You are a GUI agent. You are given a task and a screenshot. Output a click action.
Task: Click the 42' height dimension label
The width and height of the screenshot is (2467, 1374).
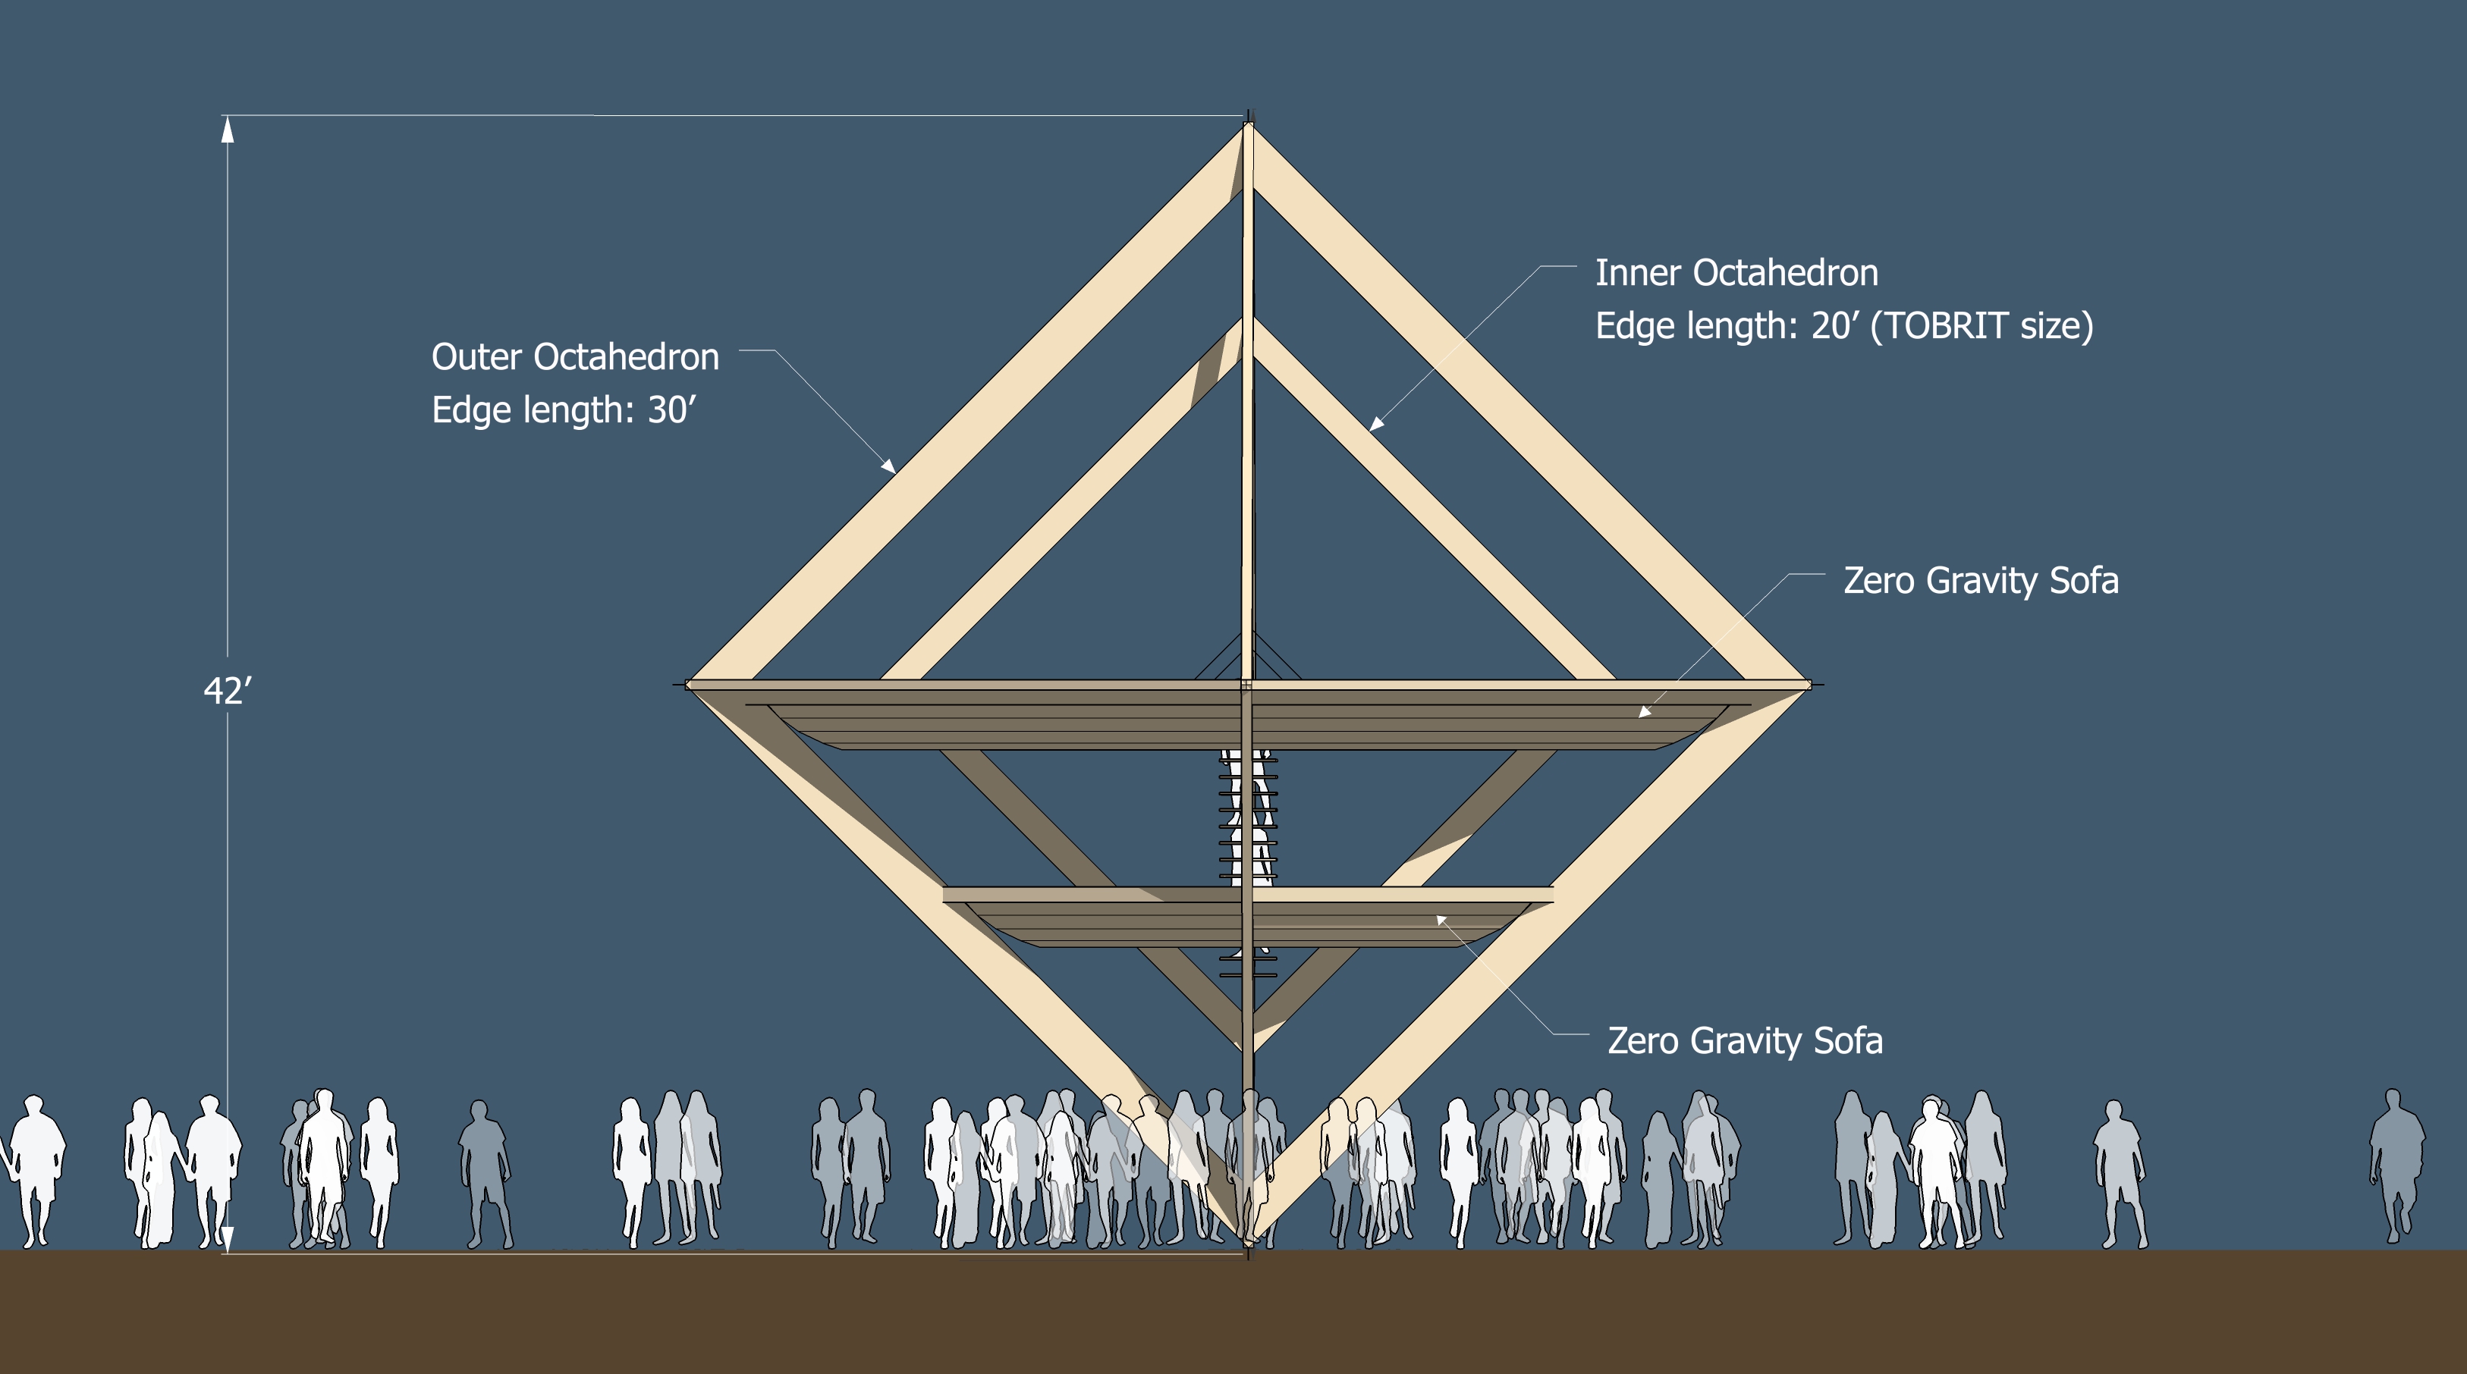click(x=227, y=690)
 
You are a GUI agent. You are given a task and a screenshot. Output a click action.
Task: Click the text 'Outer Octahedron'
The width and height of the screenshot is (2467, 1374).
click(x=574, y=357)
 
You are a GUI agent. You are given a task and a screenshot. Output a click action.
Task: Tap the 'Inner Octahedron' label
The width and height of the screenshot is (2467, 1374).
click(x=1736, y=273)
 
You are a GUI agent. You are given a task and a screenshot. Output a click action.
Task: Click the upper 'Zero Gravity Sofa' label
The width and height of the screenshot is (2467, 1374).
click(x=1981, y=580)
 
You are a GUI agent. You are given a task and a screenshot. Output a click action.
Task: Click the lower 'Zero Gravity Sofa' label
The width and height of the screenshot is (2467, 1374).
click(x=1745, y=1041)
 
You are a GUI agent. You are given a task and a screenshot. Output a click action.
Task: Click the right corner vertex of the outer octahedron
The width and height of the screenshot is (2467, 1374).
click(x=1808, y=685)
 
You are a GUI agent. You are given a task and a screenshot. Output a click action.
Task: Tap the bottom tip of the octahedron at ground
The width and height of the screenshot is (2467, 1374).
click(x=1248, y=1245)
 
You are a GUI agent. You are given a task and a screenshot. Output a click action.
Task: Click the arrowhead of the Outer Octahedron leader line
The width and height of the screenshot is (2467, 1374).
click(x=889, y=466)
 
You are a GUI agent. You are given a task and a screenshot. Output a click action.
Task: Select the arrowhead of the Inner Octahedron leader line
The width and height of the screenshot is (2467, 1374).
click(x=1376, y=423)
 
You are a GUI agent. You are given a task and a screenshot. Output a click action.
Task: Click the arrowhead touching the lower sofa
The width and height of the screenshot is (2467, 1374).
click(x=1441, y=920)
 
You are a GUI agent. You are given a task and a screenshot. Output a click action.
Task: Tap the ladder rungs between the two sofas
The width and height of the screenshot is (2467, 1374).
click(x=1248, y=819)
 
